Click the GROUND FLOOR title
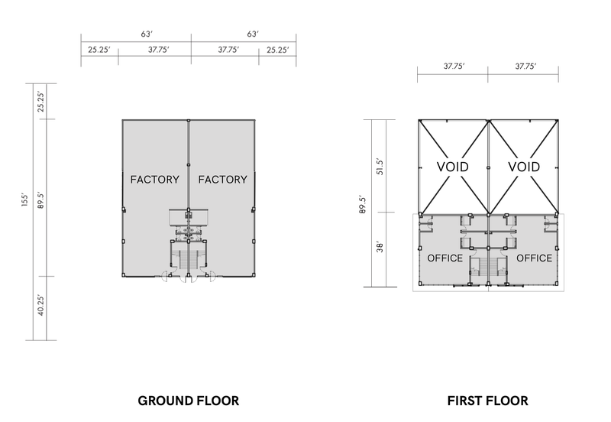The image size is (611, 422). (x=188, y=401)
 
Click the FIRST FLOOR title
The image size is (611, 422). (x=487, y=401)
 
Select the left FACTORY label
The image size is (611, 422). (x=155, y=180)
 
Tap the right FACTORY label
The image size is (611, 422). (x=222, y=180)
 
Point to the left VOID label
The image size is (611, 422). (x=452, y=167)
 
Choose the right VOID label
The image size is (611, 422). (x=524, y=167)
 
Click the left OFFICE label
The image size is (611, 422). (x=445, y=258)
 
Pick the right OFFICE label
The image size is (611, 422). (x=534, y=258)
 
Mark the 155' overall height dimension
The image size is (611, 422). (x=25, y=200)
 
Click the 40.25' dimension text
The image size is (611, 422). (x=41, y=305)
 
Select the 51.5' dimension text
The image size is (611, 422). (x=380, y=166)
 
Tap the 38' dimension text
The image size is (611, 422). (x=380, y=247)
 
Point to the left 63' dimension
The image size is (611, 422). (x=147, y=34)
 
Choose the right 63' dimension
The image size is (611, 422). (x=253, y=34)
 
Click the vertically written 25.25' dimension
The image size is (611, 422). (x=41, y=102)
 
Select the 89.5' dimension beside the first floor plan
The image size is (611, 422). (x=363, y=204)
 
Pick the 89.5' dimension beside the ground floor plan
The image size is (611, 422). (x=41, y=200)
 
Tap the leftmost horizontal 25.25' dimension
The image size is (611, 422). (x=99, y=50)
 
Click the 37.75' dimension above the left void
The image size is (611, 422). (x=454, y=67)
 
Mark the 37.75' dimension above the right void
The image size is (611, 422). (x=525, y=67)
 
